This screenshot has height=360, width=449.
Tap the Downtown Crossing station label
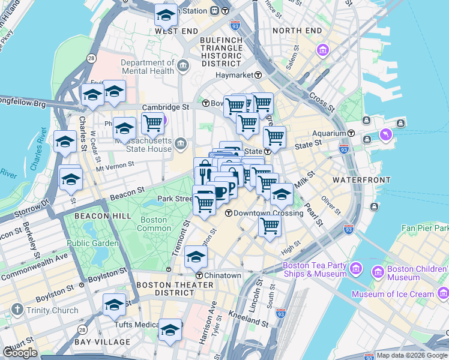[x=264, y=213]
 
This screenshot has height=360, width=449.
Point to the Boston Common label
[x=154, y=224]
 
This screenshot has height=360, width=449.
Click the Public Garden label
[x=93, y=243]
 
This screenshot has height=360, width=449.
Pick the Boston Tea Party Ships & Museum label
[x=315, y=269]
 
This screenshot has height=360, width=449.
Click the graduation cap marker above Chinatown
[x=196, y=257]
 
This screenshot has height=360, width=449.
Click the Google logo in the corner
[x=20, y=353]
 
